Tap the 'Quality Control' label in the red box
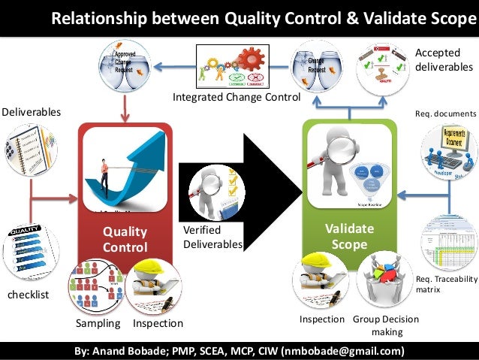[125, 240]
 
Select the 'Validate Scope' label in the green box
[349, 237]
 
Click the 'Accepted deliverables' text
[444, 60]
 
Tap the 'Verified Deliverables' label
[213, 237]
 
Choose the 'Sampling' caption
[98, 324]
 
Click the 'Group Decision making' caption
[386, 325]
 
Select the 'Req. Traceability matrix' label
[446, 283]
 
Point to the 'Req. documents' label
[445, 113]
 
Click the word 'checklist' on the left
[28, 295]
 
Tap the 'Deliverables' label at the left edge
[30, 112]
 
